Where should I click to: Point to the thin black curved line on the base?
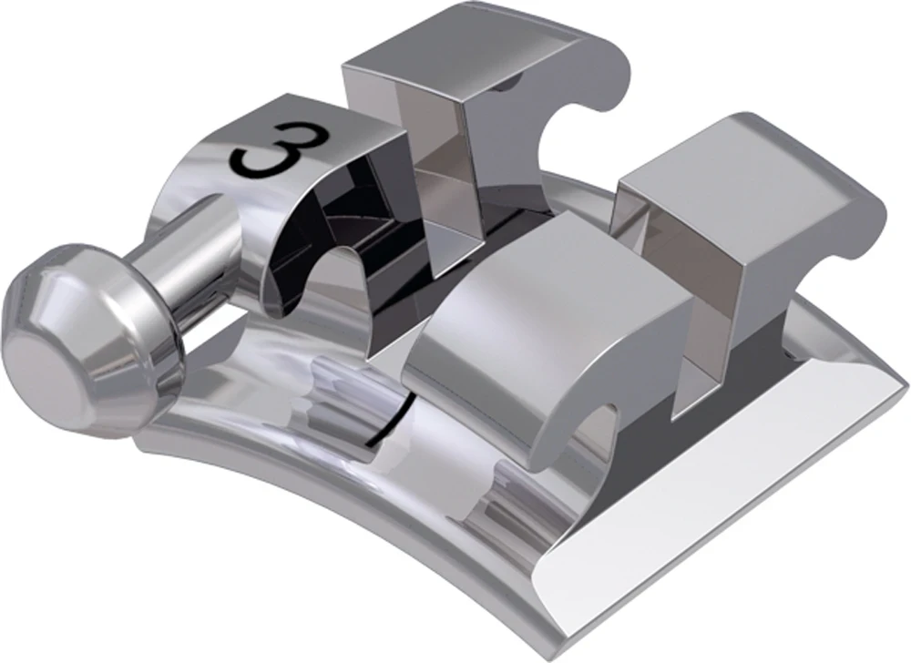tap(387, 423)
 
